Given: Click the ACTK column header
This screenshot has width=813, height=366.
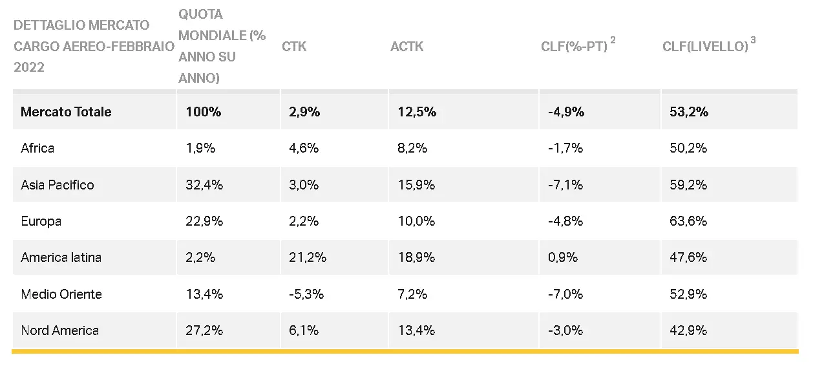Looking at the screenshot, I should point(407,47).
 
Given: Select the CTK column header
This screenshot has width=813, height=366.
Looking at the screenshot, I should point(294,47).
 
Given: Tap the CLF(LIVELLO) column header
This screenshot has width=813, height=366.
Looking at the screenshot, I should point(705,47).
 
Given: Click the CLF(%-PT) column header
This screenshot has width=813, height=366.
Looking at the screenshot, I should point(574,47).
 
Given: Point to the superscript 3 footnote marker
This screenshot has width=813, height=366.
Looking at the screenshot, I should point(753,41).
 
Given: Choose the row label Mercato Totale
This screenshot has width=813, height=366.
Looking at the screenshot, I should point(66,112).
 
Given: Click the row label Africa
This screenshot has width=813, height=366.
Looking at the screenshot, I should point(37,148).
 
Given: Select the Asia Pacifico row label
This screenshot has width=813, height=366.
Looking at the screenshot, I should point(58,185).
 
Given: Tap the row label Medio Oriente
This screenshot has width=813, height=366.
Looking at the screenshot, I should point(61,294).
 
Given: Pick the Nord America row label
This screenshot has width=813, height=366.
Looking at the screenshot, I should point(60,330).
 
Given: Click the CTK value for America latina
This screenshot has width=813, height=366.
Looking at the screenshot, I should point(308,257).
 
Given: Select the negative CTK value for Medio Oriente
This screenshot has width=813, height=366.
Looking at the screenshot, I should point(306,294).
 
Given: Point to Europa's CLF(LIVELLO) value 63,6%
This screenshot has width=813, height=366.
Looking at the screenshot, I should point(688,221).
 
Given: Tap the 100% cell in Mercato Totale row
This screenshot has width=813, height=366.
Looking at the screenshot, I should point(204,112).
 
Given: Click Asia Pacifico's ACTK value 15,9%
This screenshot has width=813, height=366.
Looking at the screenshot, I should point(416,185).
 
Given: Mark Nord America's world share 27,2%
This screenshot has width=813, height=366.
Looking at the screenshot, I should point(204,330).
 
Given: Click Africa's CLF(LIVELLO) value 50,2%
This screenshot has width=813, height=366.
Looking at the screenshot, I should point(688,148).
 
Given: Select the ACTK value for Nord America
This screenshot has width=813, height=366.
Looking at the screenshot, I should point(416,330).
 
